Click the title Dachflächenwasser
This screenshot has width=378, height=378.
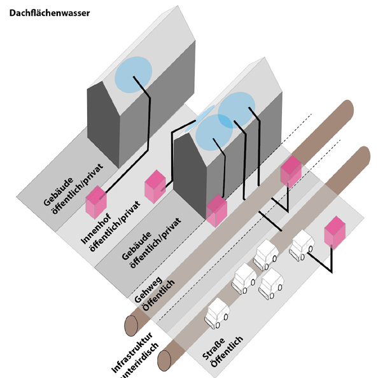[x=50, y=13]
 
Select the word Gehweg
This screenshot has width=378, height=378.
[x=148, y=290]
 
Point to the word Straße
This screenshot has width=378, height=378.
[x=214, y=348]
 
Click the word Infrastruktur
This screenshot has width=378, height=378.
[x=132, y=352]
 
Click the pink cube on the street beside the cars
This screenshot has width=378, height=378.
[x=335, y=232]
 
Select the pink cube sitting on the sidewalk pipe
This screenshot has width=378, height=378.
[x=291, y=171]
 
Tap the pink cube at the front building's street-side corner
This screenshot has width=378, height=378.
[x=217, y=211]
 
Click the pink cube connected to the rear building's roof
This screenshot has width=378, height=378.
[x=96, y=202]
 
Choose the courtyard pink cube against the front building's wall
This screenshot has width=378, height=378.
[x=155, y=186]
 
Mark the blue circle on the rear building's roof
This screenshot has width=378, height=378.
[x=133, y=74]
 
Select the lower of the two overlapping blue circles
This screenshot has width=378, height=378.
[x=214, y=132]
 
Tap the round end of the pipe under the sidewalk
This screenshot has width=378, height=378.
[x=131, y=325]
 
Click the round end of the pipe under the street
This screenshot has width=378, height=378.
[x=164, y=361]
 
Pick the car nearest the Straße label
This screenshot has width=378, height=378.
[x=217, y=313]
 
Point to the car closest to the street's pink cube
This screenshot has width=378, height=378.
[x=302, y=245]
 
